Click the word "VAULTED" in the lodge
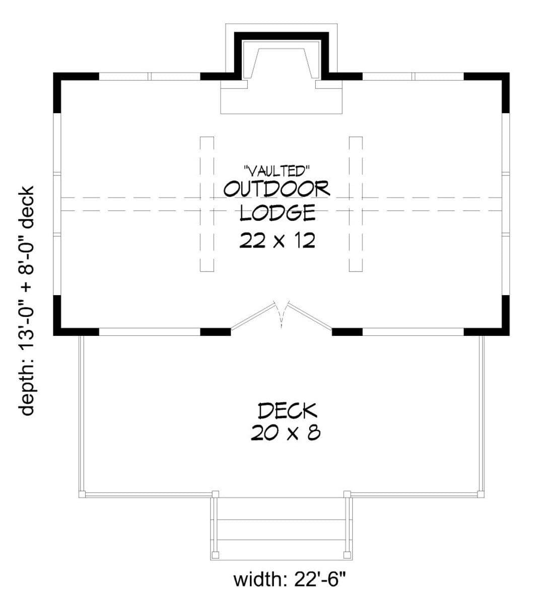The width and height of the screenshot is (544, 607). coord(277,171)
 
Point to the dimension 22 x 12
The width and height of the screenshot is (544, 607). coord(277,240)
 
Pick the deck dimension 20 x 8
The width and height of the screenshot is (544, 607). coord(286,433)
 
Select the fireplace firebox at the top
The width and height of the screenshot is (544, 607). coord(281,63)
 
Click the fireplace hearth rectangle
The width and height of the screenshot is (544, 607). coord(281,97)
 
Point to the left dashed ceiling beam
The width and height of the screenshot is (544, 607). coord(207,204)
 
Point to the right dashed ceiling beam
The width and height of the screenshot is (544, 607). coord(356,204)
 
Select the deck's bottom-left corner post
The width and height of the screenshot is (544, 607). coord(82,494)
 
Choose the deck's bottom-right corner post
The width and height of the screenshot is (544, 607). coord(481,494)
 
